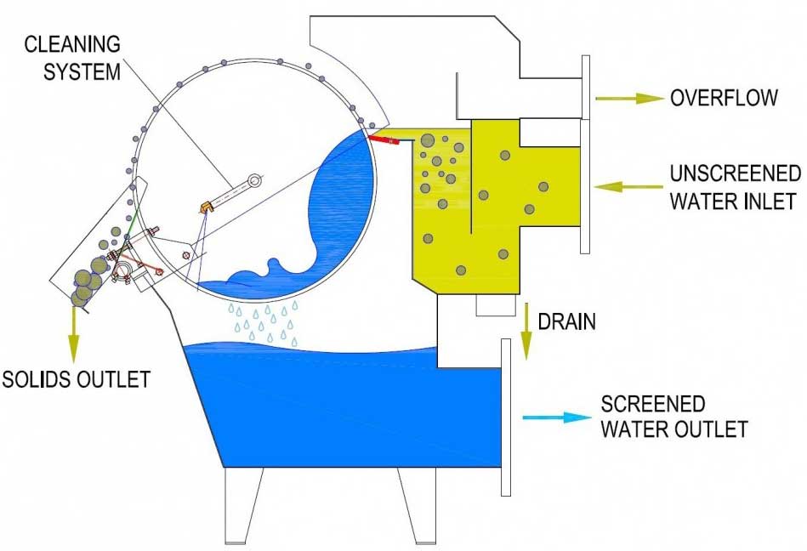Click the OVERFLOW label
tap(723, 97)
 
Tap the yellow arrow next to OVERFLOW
tap(628, 98)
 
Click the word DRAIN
tap(566, 321)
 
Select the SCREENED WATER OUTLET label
tap(674, 416)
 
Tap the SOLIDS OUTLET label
tap(76, 378)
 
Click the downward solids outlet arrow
tap(73, 335)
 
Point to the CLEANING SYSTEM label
tap(71, 57)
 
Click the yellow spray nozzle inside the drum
tap(205, 207)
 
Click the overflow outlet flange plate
tap(586, 88)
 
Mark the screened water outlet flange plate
tap(505, 416)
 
